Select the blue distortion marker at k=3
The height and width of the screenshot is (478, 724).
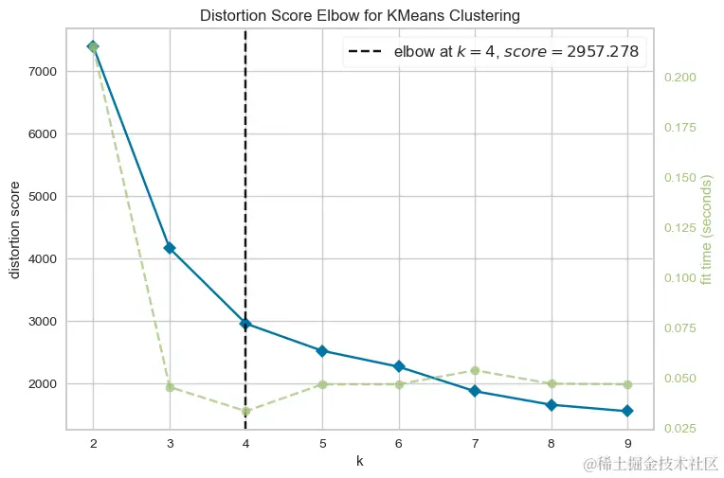[170, 248]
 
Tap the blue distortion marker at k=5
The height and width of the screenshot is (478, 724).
[322, 351]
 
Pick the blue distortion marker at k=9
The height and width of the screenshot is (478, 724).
[627, 411]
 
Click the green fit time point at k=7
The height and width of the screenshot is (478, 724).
[475, 370]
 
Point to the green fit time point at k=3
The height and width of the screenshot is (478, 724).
[170, 387]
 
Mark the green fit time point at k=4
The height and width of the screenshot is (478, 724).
[245, 411]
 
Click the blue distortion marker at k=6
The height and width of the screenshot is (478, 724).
[399, 366]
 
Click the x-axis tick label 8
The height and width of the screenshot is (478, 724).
[551, 444]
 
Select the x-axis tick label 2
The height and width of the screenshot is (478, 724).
[93, 444]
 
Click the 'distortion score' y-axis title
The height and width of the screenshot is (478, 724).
[16, 231]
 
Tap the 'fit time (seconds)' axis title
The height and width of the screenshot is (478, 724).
[707, 230]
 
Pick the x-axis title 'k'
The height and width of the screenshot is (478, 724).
[360, 461]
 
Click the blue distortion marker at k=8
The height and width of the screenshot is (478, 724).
[551, 405]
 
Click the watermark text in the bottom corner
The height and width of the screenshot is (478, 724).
[650, 464]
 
